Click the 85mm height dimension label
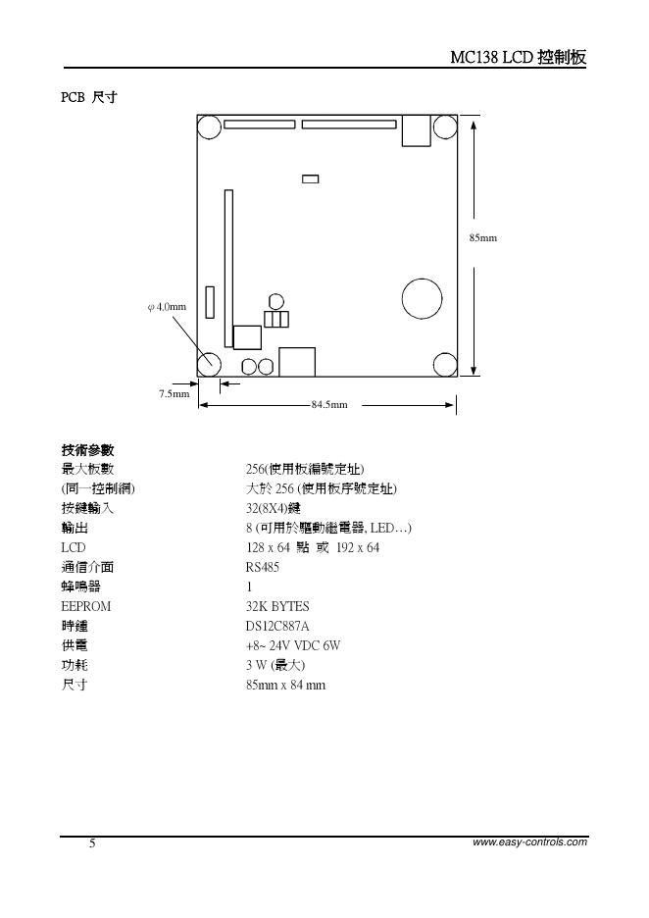(x=482, y=237)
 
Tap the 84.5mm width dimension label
(x=329, y=404)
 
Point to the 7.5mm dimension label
(x=174, y=393)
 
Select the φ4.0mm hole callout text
(x=166, y=307)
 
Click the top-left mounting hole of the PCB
(x=210, y=127)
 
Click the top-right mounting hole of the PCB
(x=445, y=127)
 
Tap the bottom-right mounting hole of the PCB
(x=445, y=363)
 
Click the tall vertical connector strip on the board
(x=228, y=268)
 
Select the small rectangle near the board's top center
(x=311, y=178)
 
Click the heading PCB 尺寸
(x=89, y=97)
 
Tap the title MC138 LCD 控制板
(x=518, y=57)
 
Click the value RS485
(x=262, y=567)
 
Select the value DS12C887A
(x=277, y=626)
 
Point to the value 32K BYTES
(x=277, y=606)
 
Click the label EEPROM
(x=86, y=606)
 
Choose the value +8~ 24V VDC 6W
(x=293, y=645)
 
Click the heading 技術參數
(x=88, y=450)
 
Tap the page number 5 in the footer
(x=92, y=843)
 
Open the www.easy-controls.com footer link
(x=529, y=841)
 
